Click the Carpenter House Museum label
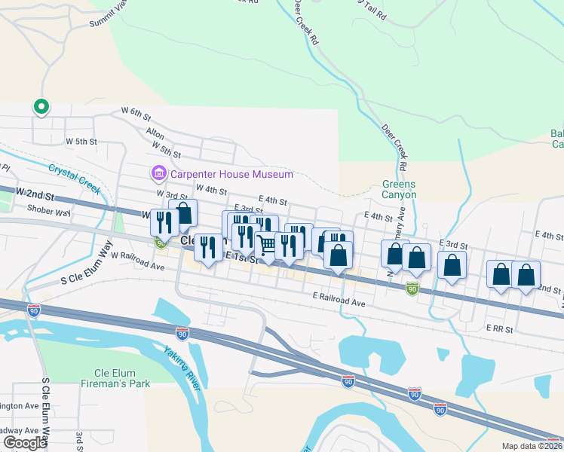[x=230, y=175]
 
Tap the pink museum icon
[x=158, y=175]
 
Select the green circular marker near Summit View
[x=41, y=108]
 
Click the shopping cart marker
[x=266, y=245]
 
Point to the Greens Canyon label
[x=399, y=189]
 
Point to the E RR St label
[x=499, y=328]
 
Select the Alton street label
[x=155, y=133]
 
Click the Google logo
[x=25, y=442]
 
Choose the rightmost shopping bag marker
[x=526, y=276]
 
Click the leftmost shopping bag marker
[x=182, y=214]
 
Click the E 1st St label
[x=242, y=258]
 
